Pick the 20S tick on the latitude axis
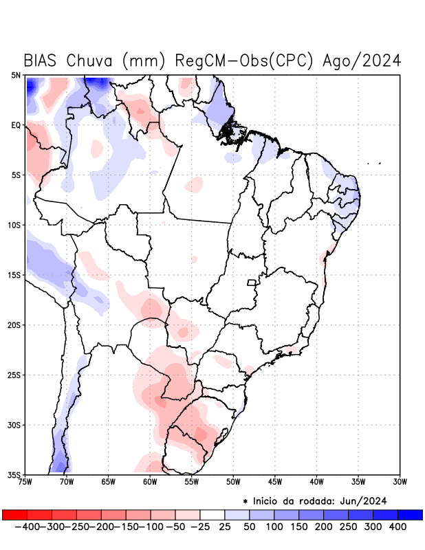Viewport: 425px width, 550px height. click(15, 324)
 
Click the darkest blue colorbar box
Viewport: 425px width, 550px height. click(410, 515)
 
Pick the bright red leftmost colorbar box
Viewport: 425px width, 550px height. click(14, 515)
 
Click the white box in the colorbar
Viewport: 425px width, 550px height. click(212, 515)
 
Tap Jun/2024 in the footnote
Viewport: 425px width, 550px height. click(366, 500)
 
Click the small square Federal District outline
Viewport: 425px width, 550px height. click(252, 283)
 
